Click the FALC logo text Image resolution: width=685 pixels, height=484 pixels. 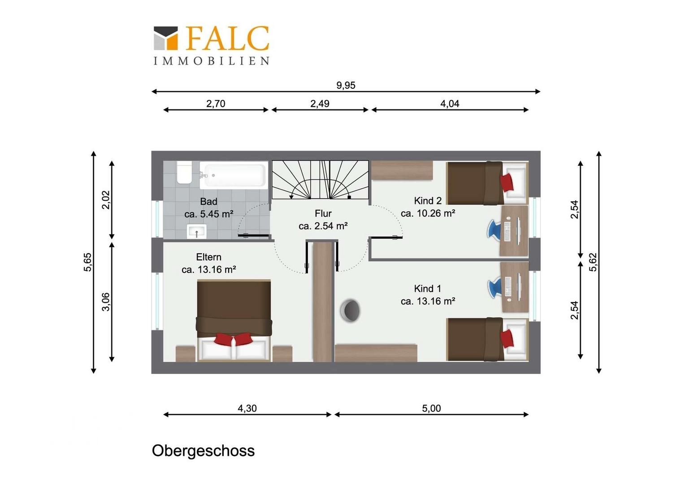228,38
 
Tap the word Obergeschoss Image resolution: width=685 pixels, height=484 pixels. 204,451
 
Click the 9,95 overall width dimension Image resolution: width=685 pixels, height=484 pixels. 346,85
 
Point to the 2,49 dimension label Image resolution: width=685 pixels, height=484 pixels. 320,104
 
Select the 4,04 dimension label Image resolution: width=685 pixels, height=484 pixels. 450,104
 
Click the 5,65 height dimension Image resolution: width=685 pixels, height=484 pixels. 88,262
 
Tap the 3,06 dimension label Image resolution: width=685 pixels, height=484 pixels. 106,302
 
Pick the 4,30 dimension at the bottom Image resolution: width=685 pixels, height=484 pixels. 247,408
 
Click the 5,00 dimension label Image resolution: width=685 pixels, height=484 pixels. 432,408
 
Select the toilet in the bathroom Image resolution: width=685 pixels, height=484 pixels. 184,172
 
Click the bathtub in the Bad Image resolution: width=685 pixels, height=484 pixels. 234,175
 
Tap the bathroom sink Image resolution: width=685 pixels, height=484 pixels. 197,231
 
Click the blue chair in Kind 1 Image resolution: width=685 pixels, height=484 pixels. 494,287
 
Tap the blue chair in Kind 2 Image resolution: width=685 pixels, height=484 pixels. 494,229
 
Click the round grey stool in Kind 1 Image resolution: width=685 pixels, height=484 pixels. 351,311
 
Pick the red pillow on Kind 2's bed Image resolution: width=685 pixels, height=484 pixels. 507,182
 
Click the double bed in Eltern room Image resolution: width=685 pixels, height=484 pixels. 234,320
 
